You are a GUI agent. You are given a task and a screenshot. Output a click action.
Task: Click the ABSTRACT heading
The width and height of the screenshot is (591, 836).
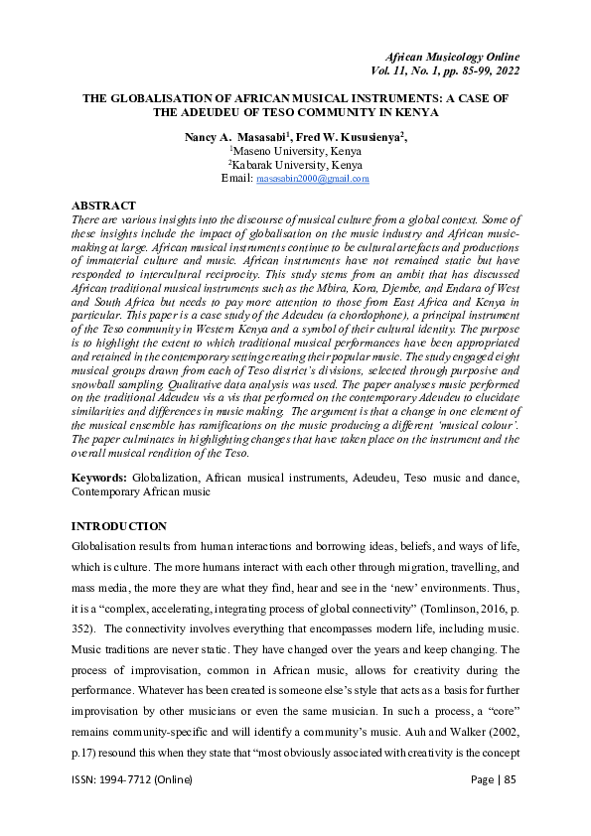(104, 206)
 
